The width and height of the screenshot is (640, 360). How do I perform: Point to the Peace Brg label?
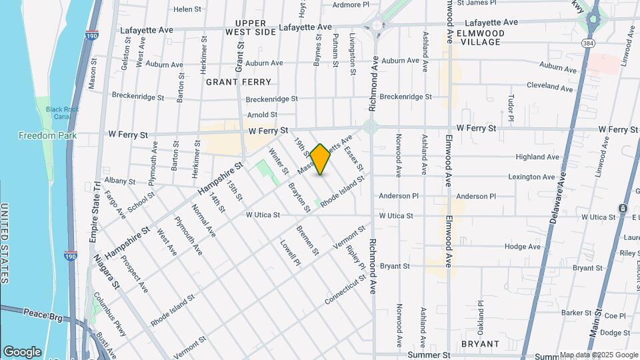click(43, 313)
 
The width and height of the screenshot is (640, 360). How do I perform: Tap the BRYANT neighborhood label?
click(480, 344)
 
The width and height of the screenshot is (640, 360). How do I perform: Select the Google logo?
click(22, 352)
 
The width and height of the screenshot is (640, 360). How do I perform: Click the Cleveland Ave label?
click(549, 87)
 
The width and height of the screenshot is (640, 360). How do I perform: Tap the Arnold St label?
click(262, 115)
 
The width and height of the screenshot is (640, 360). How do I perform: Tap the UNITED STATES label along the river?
click(5, 243)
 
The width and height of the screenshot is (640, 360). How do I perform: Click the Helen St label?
click(187, 9)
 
